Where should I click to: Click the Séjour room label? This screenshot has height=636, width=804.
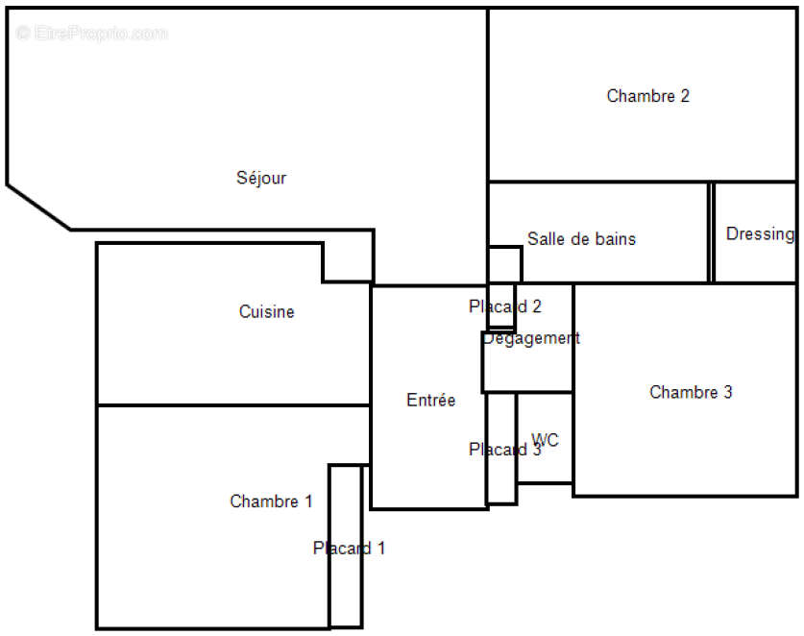(261, 178)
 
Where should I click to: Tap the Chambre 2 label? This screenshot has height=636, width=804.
(647, 96)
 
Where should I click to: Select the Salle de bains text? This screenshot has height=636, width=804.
(581, 239)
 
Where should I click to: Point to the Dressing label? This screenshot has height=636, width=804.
(760, 233)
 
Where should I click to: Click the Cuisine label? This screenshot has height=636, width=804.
(266, 312)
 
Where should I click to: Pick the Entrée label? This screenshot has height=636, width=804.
(430, 401)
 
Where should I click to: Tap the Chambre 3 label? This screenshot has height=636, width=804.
(691, 392)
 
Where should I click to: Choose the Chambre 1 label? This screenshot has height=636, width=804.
(271, 501)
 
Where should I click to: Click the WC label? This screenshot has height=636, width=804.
(545, 441)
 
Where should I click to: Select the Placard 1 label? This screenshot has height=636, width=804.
(349, 549)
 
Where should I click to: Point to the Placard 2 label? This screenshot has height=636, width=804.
(505, 307)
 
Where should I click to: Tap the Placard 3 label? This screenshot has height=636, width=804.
(504, 450)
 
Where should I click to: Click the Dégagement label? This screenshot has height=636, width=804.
(531, 338)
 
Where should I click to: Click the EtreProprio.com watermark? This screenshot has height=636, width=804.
(92, 34)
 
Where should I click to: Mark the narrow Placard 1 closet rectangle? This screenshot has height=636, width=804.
(346, 596)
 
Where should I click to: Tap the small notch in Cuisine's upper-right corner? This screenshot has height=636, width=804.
(347, 261)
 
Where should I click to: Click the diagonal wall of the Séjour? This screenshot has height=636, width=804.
(38, 207)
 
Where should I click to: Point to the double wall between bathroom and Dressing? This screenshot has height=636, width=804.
(712, 232)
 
